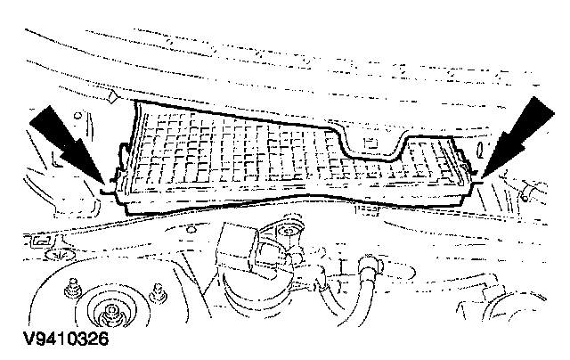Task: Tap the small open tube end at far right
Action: [532, 189]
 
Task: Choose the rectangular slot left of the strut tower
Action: [40, 240]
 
